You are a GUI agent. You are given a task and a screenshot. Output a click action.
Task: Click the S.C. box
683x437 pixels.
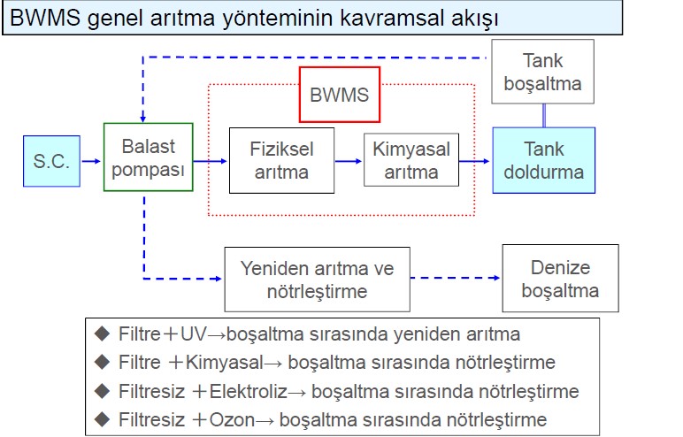coord(52,161)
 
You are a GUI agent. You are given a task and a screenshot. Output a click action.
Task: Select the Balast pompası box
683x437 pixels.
coord(148,157)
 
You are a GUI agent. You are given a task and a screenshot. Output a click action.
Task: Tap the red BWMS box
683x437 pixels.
coord(340,95)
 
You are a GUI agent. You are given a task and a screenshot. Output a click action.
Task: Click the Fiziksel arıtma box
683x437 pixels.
coord(282,160)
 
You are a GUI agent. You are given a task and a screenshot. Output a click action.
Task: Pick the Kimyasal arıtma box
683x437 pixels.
coord(411,160)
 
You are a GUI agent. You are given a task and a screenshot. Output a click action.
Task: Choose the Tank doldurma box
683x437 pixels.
coord(543,160)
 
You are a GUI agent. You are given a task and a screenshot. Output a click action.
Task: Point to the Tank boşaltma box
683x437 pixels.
coord(542,72)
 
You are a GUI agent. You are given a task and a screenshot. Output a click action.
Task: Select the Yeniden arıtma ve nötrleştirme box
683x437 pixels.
coord(317,280)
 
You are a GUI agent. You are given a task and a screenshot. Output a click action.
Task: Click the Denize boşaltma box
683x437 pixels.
coord(560,279)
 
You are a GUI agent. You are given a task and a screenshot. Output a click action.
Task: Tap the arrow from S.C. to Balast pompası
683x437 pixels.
coord(91,161)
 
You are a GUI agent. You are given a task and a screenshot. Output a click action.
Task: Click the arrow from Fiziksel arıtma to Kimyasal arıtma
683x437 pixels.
coord(349,161)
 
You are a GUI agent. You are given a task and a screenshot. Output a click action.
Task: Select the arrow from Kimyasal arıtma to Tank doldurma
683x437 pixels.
coord(474,161)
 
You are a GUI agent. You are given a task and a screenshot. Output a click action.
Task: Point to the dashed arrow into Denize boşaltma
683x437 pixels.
coord(456,278)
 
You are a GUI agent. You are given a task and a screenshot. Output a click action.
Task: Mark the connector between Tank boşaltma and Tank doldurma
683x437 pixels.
coord(543,116)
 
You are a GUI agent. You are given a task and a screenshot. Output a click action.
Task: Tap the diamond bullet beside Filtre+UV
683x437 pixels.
coord(103,333)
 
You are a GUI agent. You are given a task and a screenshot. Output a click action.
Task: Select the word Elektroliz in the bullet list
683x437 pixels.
coord(249,391)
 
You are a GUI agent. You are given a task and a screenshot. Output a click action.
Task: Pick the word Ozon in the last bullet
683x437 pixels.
coord(232,420)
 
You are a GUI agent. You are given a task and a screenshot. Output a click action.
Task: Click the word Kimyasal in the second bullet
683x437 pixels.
coord(225,363)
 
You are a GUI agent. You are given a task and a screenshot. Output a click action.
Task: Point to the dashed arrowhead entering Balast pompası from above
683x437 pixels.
coord(142,119)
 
